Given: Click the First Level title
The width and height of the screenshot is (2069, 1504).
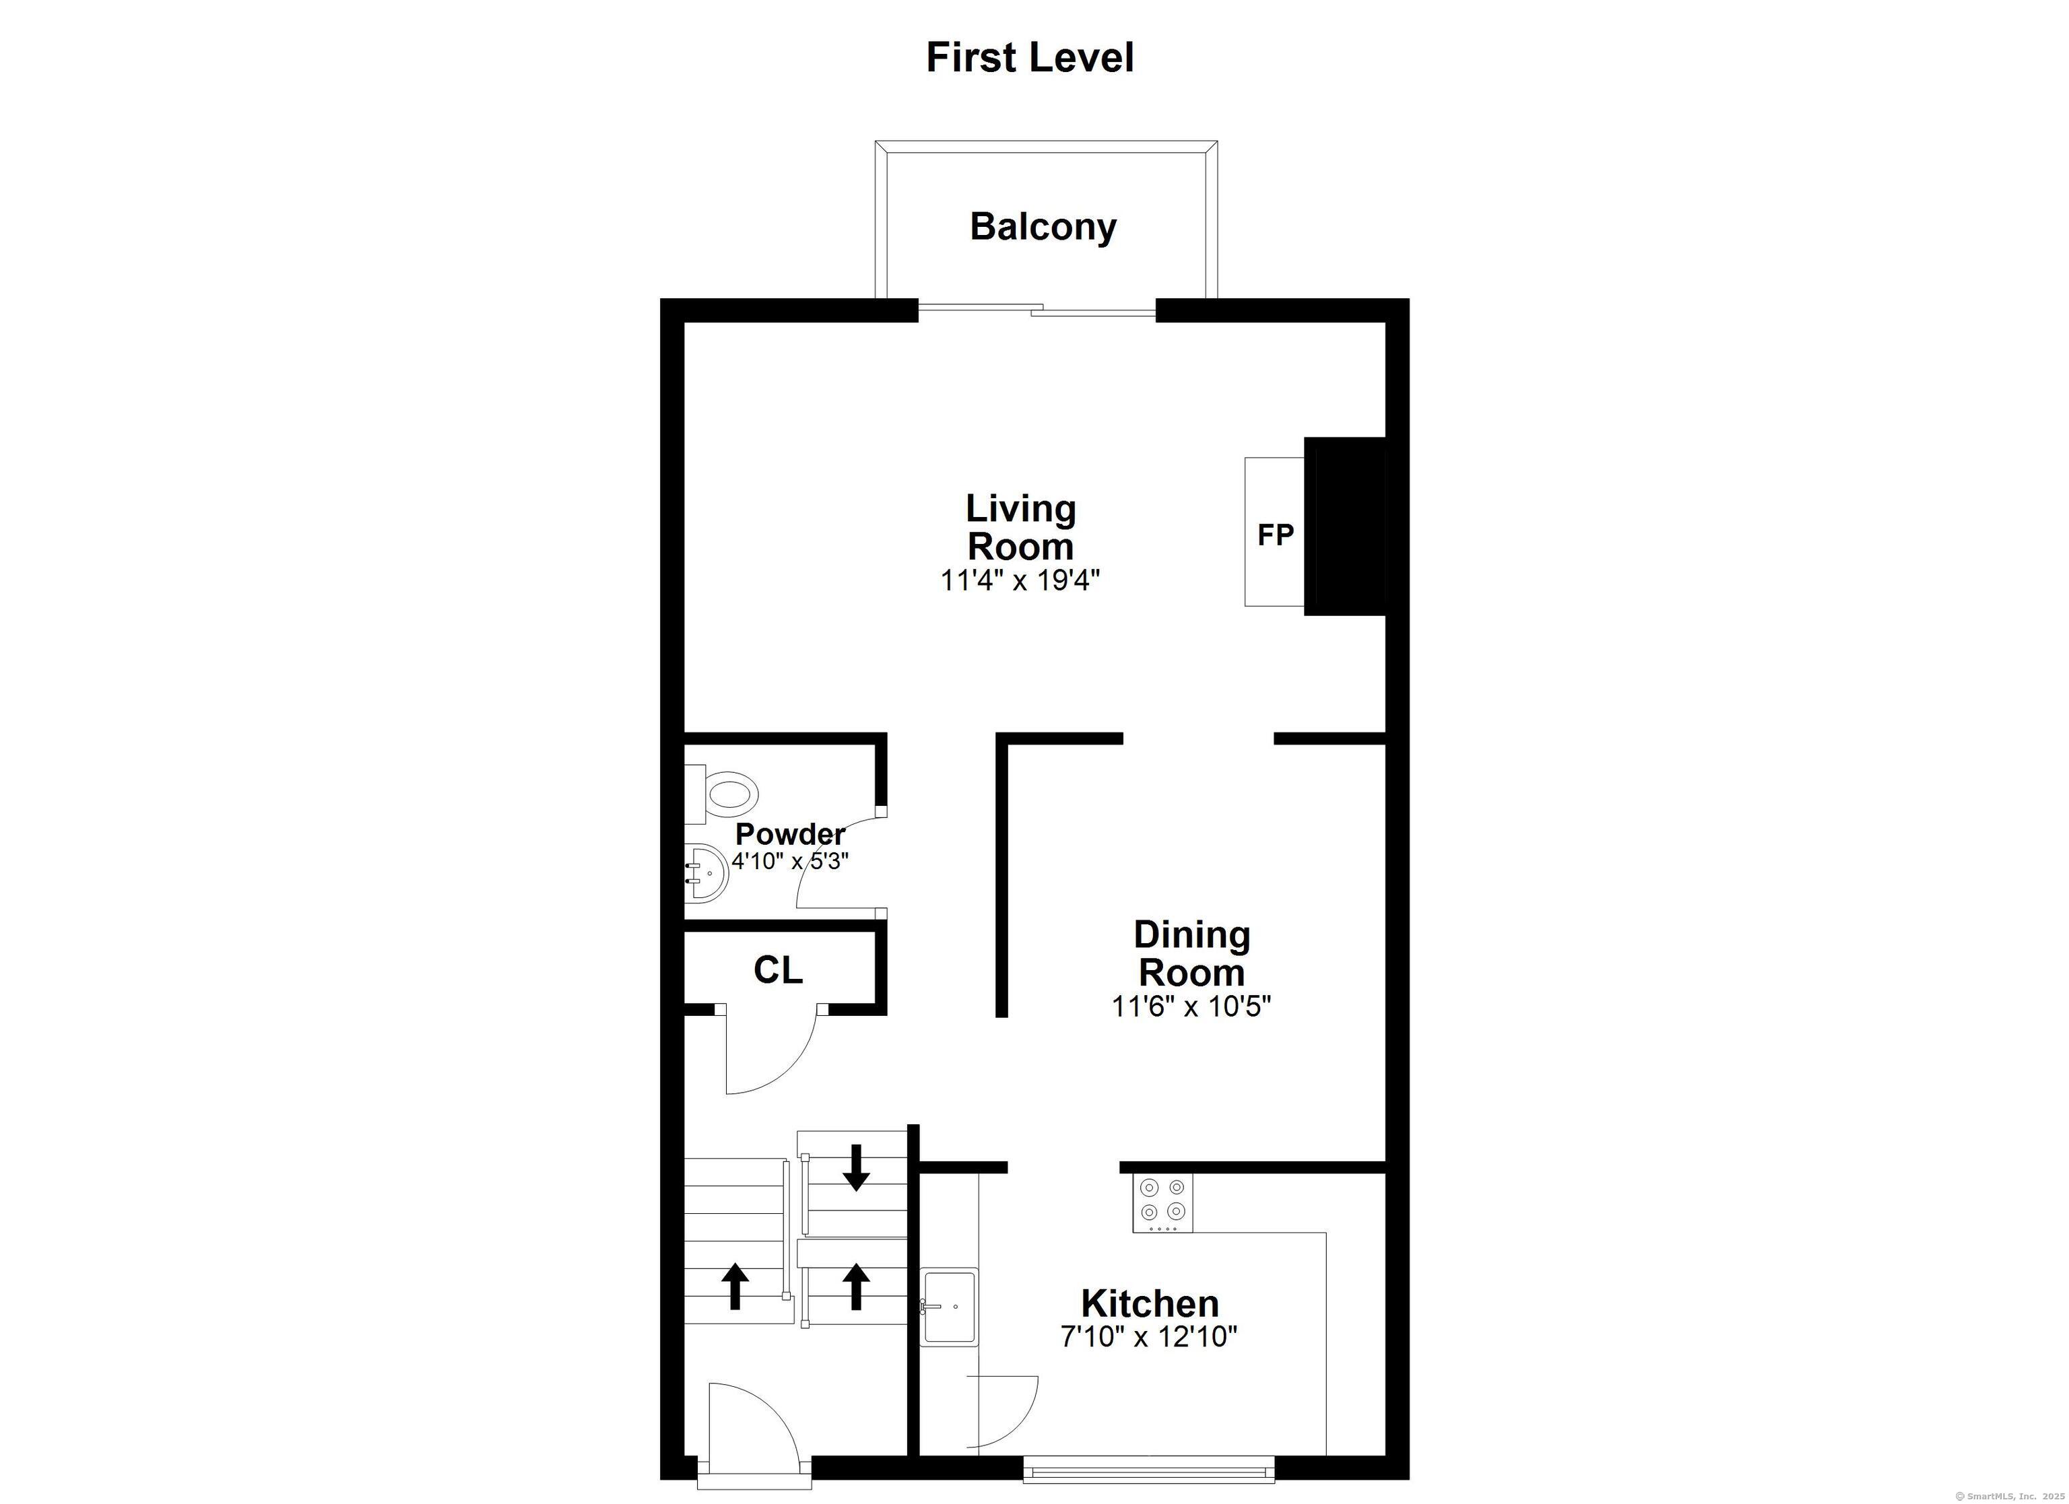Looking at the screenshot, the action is (1030, 57).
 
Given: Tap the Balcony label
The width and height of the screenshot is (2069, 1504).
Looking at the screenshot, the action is (1043, 227).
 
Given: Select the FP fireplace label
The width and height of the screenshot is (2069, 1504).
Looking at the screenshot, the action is (1276, 535).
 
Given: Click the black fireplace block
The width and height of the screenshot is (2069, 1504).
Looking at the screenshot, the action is (1345, 526).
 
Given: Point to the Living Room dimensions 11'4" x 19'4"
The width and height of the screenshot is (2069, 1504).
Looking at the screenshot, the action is (1021, 580).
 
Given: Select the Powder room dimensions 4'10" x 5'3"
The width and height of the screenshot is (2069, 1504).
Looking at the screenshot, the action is (790, 861).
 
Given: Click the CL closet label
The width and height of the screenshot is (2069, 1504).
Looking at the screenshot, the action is (778, 970).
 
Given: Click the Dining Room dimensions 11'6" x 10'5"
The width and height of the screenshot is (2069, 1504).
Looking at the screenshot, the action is (1191, 1007).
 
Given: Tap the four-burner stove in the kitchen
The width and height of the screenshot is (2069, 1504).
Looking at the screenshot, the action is (1163, 1202).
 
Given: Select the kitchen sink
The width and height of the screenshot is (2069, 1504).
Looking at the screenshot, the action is (950, 1306).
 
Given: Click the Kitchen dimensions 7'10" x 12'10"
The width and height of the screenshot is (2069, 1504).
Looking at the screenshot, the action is (1150, 1337).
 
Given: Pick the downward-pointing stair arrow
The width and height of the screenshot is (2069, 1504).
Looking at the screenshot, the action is (856, 1167).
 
